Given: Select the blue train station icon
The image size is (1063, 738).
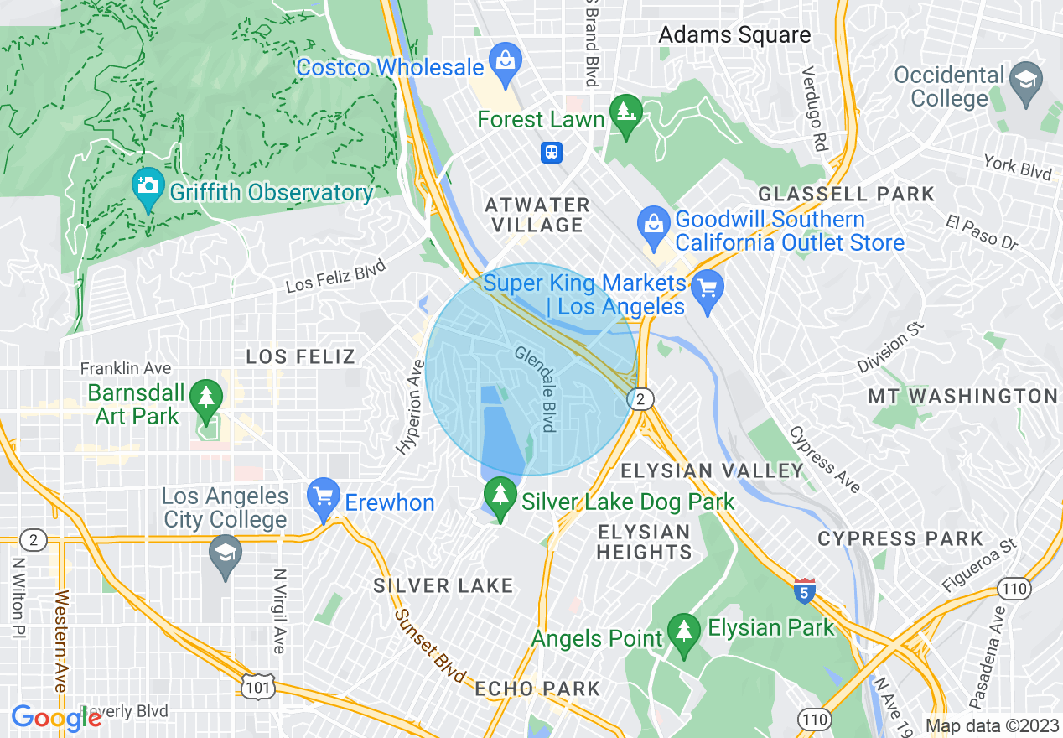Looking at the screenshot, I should (552, 152).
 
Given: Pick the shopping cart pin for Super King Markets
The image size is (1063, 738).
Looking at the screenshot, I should (708, 291).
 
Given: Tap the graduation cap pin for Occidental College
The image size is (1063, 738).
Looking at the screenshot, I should (1025, 81).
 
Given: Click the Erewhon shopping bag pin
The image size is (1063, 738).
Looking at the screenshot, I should (323, 496).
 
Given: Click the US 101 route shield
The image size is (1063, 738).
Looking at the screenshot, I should (255, 687).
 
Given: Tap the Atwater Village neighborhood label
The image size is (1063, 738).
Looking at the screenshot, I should (537, 215).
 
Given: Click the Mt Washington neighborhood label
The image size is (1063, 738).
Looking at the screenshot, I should (962, 396).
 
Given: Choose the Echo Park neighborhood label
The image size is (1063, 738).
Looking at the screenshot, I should (537, 689).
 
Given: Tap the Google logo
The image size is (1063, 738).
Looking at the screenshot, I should (56, 718).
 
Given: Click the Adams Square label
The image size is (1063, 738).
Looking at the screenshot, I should (734, 34).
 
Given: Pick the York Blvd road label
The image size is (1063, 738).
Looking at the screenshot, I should (1018, 167).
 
